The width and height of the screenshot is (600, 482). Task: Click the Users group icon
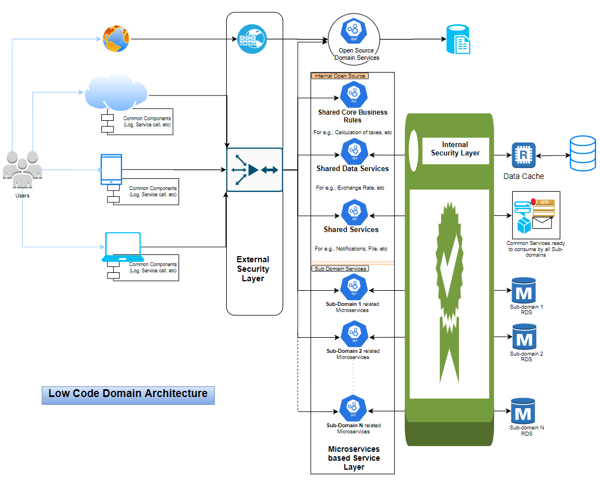(x=22, y=170)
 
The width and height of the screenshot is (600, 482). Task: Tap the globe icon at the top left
(x=116, y=39)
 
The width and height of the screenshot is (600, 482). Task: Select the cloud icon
(x=116, y=93)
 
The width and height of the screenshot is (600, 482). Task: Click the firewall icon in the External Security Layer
(x=252, y=40)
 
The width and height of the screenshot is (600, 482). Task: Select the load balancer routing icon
(x=254, y=169)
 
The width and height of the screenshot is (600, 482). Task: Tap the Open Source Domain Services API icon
(x=354, y=31)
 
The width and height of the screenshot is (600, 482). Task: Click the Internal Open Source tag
(x=340, y=76)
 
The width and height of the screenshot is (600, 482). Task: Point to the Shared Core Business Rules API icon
(x=353, y=94)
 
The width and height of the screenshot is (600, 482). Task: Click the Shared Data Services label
(x=353, y=168)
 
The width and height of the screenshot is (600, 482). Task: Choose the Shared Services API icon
(x=353, y=212)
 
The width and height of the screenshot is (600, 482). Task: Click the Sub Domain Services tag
(x=340, y=269)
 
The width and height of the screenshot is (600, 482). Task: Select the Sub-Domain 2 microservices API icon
(x=353, y=334)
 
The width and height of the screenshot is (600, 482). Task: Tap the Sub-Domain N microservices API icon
(x=353, y=409)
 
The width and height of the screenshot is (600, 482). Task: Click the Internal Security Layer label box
(x=455, y=149)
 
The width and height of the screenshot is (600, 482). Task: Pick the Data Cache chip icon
(x=523, y=155)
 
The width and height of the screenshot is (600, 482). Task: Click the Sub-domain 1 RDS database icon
(x=523, y=291)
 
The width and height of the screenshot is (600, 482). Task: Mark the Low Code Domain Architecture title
(x=128, y=394)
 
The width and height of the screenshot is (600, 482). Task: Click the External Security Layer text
(x=253, y=269)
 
